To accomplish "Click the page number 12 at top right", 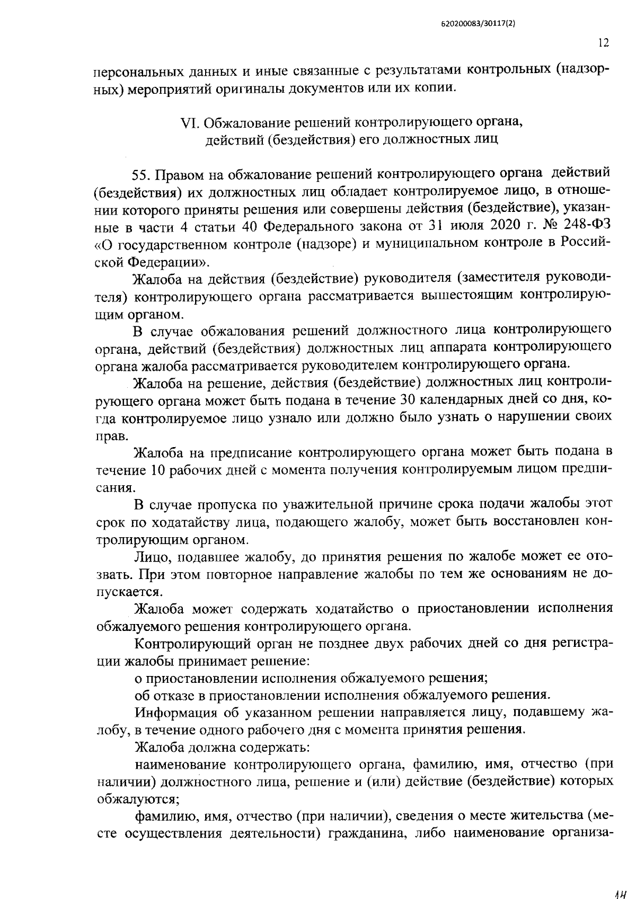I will [603, 43].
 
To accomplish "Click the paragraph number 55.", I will [142, 173].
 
